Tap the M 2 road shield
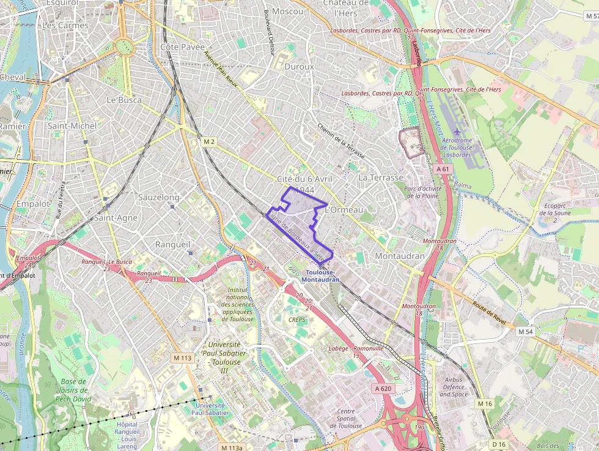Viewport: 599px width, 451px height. pos(209,142)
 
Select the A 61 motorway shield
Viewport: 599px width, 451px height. pos(443,168)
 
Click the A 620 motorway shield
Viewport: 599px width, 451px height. pos(383,389)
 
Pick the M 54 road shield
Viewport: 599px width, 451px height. pos(526,331)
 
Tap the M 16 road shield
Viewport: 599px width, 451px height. pos(485,403)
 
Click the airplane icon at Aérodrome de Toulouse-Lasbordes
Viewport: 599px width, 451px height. pos(458,132)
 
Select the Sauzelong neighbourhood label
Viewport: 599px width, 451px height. pos(159,198)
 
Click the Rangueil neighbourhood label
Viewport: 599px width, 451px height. pos(174,244)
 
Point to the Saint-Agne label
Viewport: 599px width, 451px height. pos(116,218)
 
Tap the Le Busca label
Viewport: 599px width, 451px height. pos(124,100)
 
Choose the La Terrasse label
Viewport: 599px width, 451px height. pos(381,177)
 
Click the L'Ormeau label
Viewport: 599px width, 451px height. pos(345,210)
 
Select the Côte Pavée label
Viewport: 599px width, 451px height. pos(182,47)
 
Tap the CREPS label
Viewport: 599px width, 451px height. pos(296,319)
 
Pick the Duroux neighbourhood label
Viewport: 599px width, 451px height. pos(299,66)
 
